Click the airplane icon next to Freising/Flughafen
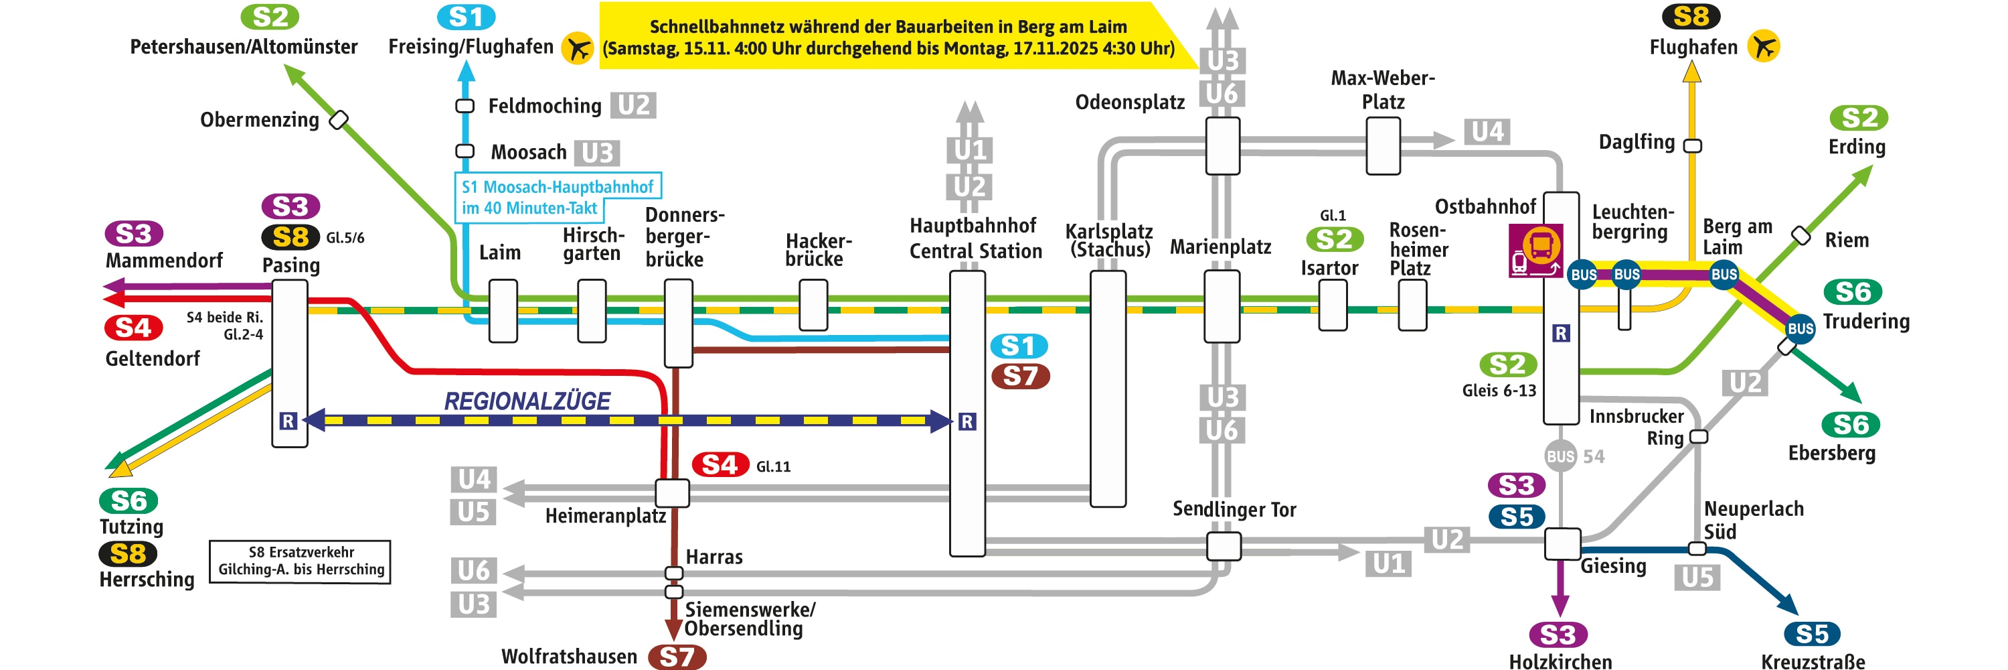click(578, 48)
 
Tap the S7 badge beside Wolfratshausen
click(677, 657)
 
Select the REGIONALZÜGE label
click(527, 401)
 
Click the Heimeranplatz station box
click(672, 493)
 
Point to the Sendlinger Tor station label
click(1234, 509)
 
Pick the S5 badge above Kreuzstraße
click(1812, 634)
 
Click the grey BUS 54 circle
click(1561, 456)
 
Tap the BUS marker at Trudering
click(1800, 328)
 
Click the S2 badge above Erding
click(1858, 118)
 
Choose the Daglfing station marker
click(1692, 146)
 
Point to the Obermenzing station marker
click(338, 120)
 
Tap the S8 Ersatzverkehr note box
click(300, 561)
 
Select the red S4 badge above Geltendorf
click(133, 328)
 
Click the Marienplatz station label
click(1220, 247)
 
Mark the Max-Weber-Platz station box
click(1383, 146)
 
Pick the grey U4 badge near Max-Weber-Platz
click(1487, 131)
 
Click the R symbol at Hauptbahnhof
click(967, 422)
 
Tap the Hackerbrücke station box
click(813, 305)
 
